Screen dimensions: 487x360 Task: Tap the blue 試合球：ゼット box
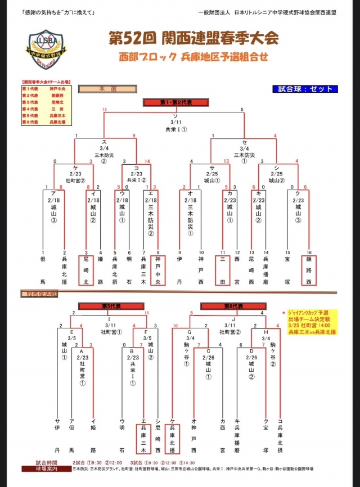click(x=305, y=89)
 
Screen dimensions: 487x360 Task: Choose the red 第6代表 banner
click(x=229, y=306)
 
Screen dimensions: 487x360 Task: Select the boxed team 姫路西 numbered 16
click(x=308, y=270)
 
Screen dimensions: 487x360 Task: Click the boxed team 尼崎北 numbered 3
click(x=86, y=270)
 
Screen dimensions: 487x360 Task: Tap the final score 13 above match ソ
click(x=104, y=109)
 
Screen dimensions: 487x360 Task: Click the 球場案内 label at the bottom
click(x=44, y=468)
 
